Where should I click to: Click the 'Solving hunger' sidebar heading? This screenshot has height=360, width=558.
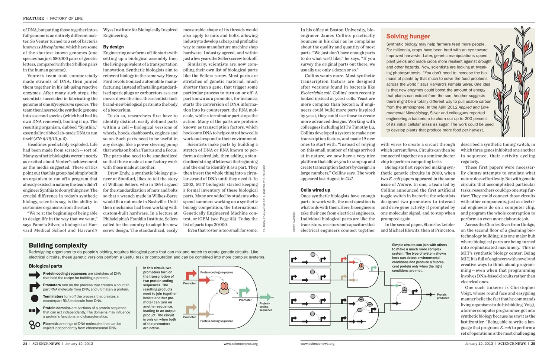(x=408, y=36)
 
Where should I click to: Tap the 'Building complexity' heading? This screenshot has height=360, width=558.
(x=58, y=245)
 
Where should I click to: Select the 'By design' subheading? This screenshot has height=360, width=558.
(x=113, y=47)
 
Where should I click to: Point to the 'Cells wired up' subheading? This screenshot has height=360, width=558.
(x=315, y=190)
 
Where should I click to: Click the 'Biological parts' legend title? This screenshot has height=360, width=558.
(x=45, y=266)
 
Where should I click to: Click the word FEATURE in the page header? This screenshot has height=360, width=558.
(x=33, y=18)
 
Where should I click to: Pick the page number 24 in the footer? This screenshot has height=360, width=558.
(x=25, y=344)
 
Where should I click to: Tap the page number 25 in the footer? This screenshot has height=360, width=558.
(x=533, y=344)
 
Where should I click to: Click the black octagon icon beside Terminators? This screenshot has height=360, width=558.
(x=35, y=298)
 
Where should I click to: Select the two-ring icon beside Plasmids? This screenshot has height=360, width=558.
(x=34, y=325)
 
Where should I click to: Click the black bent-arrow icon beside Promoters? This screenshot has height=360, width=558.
(x=35, y=287)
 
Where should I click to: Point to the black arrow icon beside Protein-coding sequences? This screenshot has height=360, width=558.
(x=35, y=275)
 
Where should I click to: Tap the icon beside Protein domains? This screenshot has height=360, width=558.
(x=34, y=310)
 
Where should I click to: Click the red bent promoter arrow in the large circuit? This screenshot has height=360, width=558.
(x=191, y=275)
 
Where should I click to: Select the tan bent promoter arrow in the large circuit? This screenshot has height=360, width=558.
(x=191, y=308)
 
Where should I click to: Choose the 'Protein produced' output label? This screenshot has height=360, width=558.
(x=443, y=296)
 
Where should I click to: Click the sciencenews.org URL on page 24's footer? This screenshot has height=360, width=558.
(x=240, y=344)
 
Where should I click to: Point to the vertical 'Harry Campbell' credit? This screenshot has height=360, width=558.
(x=294, y=222)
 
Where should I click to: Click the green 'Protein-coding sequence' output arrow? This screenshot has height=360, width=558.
(x=265, y=297)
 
